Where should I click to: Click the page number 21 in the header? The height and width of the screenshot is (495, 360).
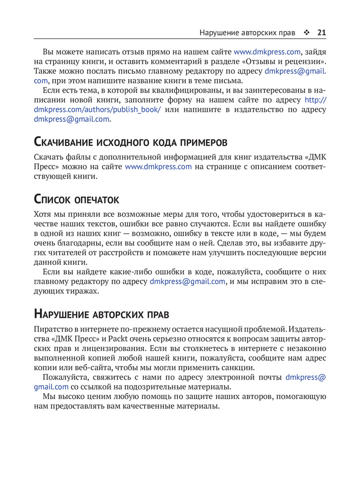point(321,33)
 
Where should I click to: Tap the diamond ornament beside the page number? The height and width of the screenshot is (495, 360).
point(307,33)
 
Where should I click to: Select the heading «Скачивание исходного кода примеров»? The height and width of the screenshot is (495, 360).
point(130,143)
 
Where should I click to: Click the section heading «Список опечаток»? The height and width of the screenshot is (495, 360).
point(76,199)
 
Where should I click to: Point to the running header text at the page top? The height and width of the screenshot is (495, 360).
point(247,33)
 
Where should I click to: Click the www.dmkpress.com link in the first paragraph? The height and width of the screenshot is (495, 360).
point(267,51)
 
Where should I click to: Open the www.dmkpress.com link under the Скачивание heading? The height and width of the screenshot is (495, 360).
point(158,167)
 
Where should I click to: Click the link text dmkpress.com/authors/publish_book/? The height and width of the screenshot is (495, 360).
point(97,109)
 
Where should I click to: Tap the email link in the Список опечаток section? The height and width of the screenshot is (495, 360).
point(187,282)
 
